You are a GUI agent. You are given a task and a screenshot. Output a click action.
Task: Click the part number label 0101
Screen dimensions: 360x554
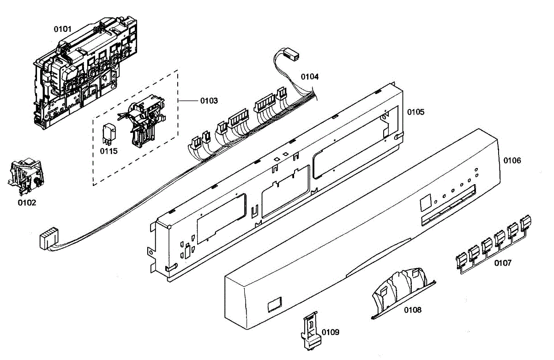[63, 29]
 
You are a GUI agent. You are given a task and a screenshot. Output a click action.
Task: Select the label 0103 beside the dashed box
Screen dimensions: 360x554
[209, 100]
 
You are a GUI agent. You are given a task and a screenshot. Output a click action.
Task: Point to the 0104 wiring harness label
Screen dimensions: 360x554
[310, 76]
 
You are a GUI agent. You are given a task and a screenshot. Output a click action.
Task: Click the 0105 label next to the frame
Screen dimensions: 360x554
[415, 112]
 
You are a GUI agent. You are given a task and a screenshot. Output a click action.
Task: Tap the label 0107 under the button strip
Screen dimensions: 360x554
[503, 263]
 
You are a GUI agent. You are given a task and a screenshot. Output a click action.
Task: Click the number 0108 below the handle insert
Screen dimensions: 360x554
[412, 310]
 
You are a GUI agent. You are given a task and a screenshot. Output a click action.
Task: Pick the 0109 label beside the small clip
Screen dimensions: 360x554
[331, 332]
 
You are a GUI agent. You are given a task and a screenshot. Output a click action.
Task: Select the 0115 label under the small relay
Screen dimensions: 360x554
[109, 151]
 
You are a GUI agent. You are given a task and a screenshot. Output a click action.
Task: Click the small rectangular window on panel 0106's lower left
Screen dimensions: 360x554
[274, 303]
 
